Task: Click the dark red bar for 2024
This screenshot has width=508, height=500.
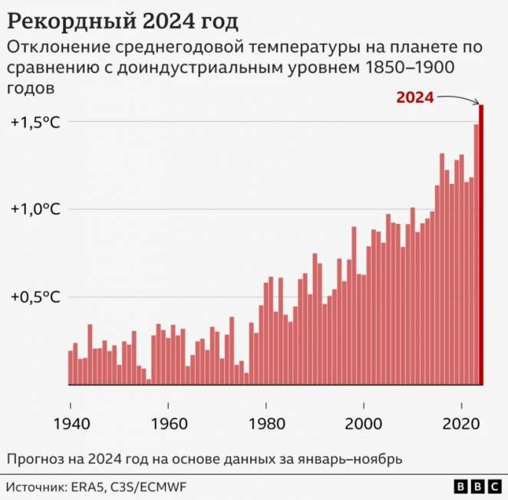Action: point(481,245)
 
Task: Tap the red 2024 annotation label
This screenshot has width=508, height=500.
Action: point(415,97)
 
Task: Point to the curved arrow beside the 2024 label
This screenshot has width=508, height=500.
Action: point(459,98)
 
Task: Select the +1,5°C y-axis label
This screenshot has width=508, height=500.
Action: point(35,122)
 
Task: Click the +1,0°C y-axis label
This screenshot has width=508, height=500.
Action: point(35,209)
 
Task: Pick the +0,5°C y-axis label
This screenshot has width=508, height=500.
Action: point(35,297)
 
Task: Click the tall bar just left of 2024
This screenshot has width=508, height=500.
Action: point(476,254)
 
